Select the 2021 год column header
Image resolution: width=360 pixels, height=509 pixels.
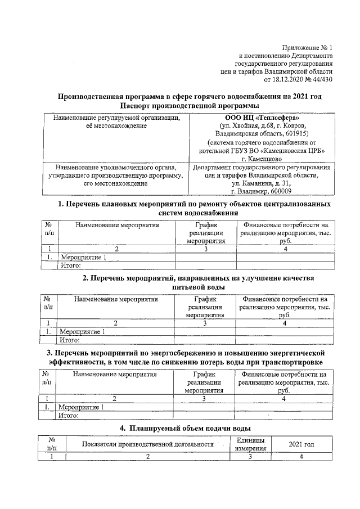point(301,444)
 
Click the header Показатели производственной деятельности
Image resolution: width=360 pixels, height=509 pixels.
point(148,444)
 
